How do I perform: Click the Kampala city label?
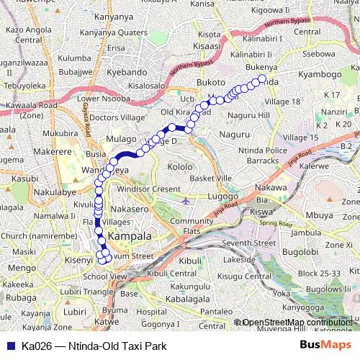click(130, 235)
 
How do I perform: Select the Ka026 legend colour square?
click(9, 346)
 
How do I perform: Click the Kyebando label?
click(127, 73)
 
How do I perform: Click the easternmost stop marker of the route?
click(262, 79)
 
